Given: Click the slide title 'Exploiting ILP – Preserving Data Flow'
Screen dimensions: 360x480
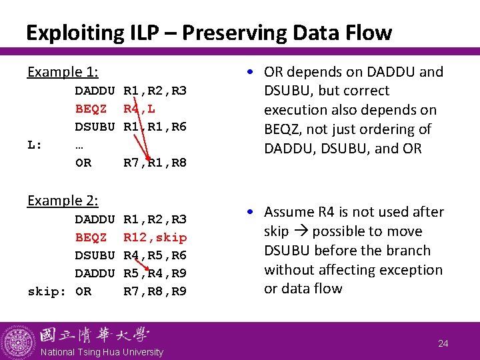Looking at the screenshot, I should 209,32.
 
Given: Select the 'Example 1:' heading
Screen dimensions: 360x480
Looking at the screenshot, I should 62,72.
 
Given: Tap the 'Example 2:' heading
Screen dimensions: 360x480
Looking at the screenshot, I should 62,201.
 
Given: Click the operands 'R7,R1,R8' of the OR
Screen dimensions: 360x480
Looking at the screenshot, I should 155,163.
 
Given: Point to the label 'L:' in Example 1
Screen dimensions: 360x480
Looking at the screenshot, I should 35,145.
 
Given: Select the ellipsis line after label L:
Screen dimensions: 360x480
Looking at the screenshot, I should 79,145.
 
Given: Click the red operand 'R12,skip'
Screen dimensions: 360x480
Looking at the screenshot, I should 155,237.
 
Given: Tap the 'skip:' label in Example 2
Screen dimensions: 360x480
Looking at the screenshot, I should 45,291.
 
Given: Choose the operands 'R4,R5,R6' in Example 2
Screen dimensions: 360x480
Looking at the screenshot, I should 155,255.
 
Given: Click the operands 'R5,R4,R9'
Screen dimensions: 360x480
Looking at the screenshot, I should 155,273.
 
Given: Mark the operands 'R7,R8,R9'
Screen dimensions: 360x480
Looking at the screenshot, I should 155,291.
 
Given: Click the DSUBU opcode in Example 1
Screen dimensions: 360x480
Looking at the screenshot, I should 95,127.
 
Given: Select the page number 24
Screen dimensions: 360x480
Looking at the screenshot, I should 443,343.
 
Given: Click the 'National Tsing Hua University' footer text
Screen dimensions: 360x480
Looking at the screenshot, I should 102,352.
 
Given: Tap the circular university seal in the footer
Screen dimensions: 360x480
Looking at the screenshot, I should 18,341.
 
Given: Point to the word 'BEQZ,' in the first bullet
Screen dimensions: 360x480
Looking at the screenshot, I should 285,129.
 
